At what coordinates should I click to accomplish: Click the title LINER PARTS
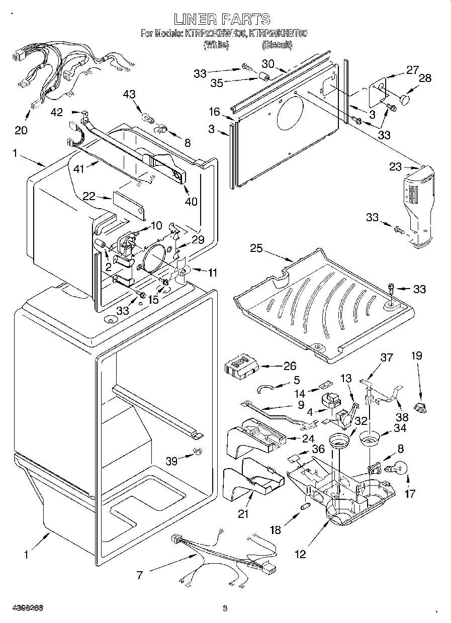(x=223, y=20)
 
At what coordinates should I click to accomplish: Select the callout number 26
(x=290, y=366)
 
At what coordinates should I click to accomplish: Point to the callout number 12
(x=300, y=554)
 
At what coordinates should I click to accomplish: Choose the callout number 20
(x=21, y=130)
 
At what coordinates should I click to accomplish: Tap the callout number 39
(x=173, y=460)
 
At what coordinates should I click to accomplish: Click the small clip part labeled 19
(x=420, y=407)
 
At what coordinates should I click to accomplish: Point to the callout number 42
(x=57, y=113)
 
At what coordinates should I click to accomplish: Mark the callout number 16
(x=215, y=111)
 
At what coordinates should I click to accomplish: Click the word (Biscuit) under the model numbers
(x=277, y=45)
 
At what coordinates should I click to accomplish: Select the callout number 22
(x=89, y=197)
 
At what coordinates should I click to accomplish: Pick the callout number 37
(x=386, y=358)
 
